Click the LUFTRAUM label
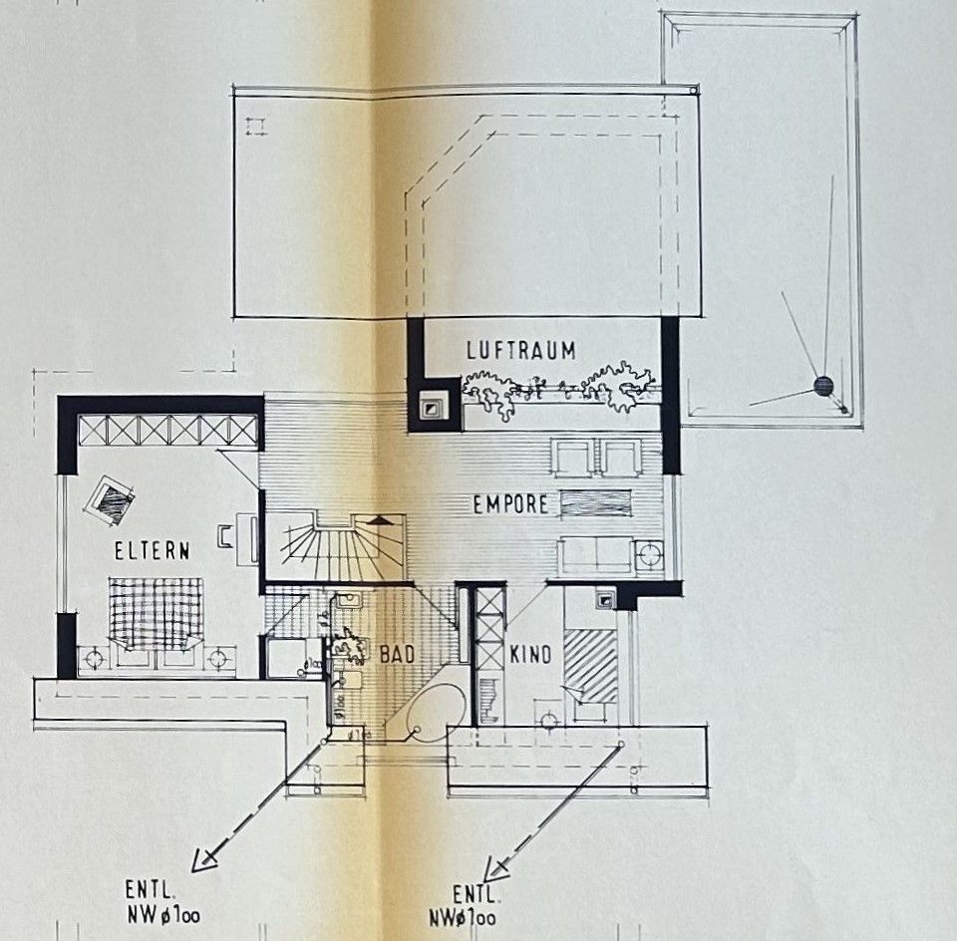pos(521,350)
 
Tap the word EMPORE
pos(510,504)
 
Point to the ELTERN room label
pos(152,548)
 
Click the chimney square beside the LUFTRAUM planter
pos(435,406)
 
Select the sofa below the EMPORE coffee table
pos(595,554)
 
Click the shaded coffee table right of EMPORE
pos(596,503)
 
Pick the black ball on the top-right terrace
pos(822,387)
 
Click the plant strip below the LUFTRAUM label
pos(558,391)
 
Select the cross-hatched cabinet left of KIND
pos(489,628)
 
